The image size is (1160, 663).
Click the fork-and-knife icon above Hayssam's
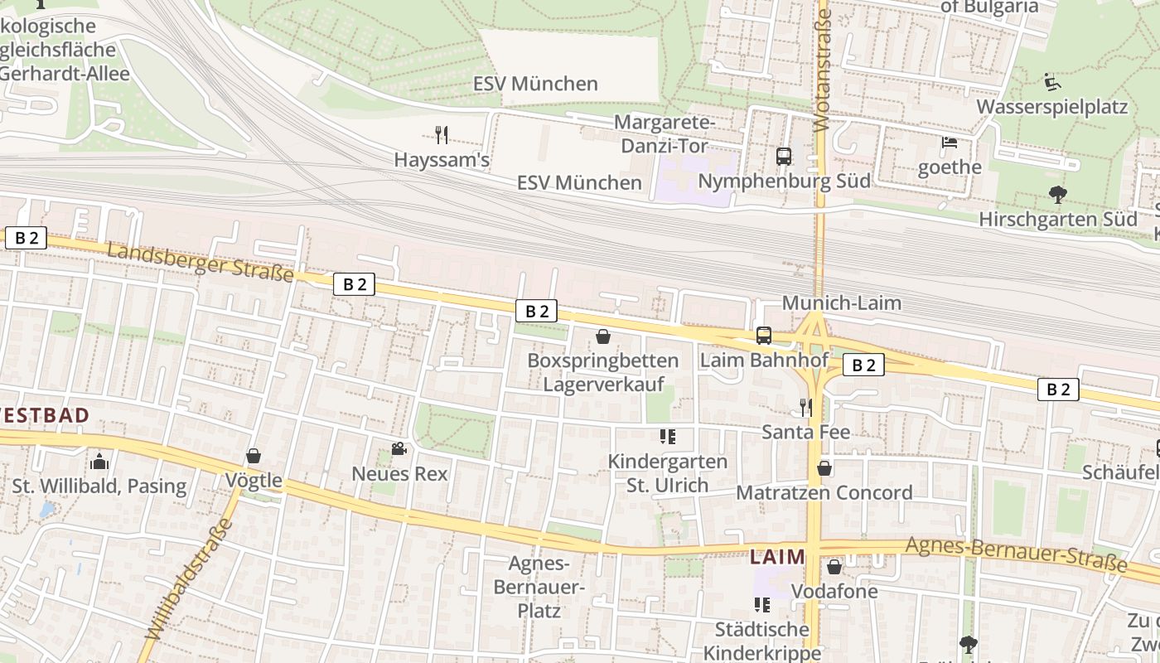coord(442,135)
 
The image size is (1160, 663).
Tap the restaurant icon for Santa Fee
coord(805,407)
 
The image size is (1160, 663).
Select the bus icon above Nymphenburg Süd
coord(783,156)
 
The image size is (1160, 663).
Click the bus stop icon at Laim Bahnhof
coord(764,336)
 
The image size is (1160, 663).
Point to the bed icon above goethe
coord(950,143)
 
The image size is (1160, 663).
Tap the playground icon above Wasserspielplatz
coord(1051,82)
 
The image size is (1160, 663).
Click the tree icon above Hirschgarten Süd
coord(1057,195)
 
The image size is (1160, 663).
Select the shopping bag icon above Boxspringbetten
coord(603,336)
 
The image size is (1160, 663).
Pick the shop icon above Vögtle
coord(254,456)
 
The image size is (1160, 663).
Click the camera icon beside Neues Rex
coord(399,449)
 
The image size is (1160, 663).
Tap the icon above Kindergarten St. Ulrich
coord(668,436)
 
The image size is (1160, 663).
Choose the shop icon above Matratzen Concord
coord(824,468)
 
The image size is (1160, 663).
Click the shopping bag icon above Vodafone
coord(834,567)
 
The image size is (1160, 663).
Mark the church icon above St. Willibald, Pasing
coord(99,461)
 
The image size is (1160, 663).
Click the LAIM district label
coord(777,557)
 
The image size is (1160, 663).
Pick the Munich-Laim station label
coord(841,303)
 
